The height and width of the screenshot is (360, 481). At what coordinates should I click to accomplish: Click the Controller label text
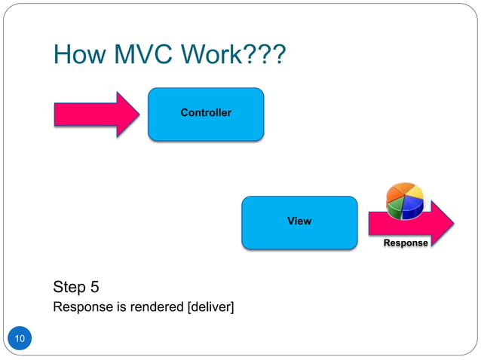coord(205,113)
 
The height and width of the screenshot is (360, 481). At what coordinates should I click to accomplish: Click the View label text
coord(299,221)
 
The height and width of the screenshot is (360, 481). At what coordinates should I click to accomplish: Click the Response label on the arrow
coord(406,243)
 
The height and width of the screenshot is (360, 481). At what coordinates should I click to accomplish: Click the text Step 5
coord(76,288)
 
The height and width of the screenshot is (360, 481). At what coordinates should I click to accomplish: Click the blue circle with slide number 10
coord(20,340)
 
